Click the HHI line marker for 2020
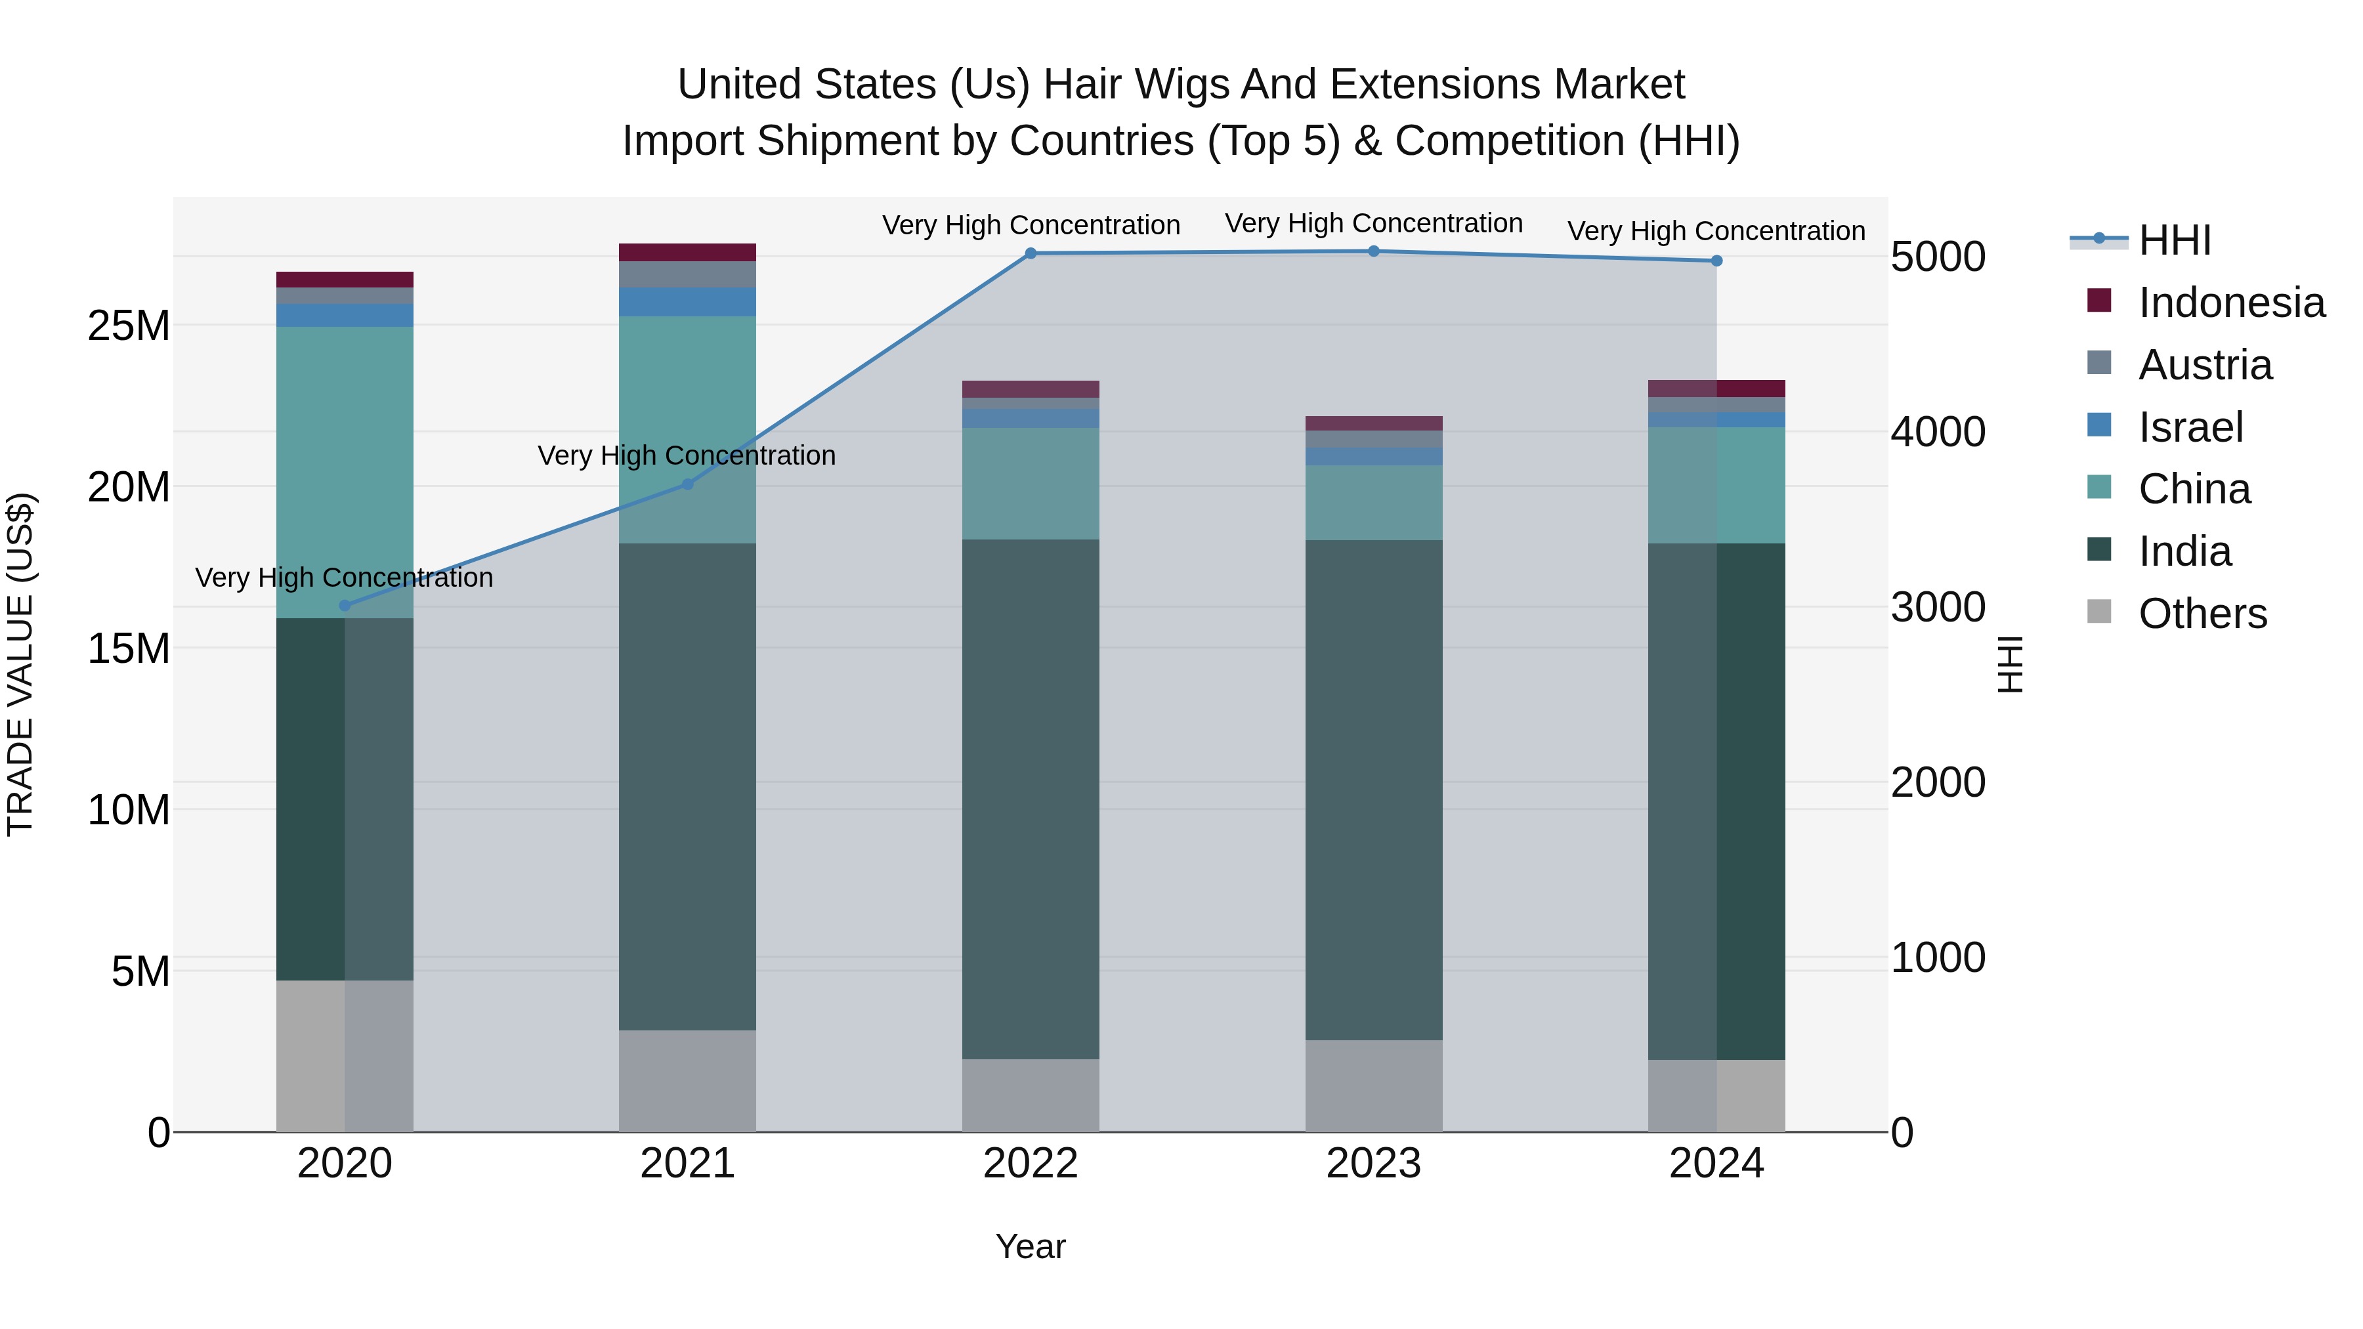click(x=345, y=605)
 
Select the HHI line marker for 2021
click(x=688, y=484)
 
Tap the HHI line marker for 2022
click(x=1030, y=253)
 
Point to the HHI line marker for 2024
click(x=1716, y=261)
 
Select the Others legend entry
click(x=2202, y=614)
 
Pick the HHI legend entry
click(x=2174, y=240)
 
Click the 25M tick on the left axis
click(x=129, y=326)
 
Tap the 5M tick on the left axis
click(x=140, y=971)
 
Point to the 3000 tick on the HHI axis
click(x=1938, y=607)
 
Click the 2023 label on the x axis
click(x=1373, y=1164)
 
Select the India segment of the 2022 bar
click(x=1030, y=798)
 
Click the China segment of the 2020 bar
click(x=345, y=473)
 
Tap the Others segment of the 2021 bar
click(x=688, y=1080)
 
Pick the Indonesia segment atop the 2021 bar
click(x=688, y=252)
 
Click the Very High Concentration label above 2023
click(x=1373, y=223)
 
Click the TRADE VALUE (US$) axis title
click(x=20, y=664)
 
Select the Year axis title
click(x=1030, y=1246)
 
